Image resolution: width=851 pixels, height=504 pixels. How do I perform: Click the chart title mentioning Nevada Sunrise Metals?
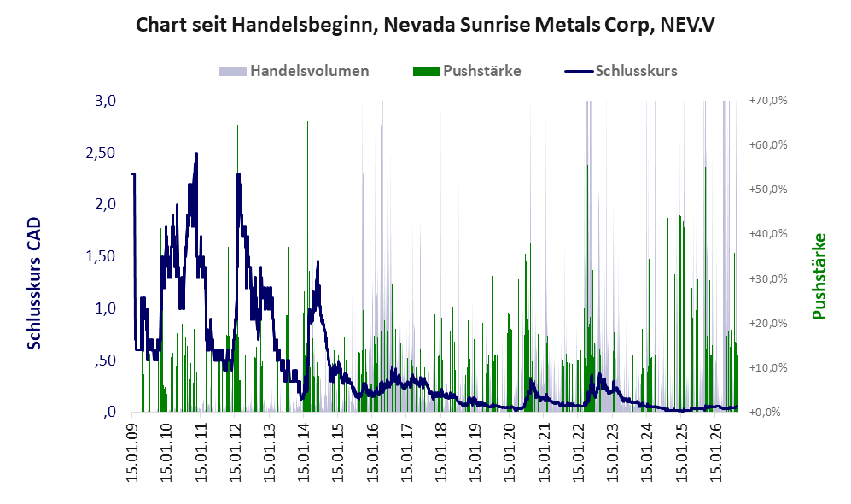425,25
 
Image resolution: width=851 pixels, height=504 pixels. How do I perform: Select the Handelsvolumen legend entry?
294,71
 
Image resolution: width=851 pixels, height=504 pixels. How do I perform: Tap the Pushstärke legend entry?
467,71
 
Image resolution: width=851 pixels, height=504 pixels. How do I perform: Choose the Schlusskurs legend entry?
621,71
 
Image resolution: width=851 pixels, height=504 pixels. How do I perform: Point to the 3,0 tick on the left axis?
105,101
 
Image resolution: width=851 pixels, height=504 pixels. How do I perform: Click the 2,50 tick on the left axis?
101,153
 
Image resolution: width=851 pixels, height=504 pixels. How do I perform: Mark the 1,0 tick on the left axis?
105,308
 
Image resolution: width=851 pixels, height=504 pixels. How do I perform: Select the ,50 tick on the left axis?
105,360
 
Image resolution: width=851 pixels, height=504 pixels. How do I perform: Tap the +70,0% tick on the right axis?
768,101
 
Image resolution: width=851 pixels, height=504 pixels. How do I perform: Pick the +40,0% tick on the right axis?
768,233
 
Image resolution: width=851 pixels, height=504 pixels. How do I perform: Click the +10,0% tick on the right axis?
768,367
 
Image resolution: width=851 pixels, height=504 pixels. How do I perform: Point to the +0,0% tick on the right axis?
766,413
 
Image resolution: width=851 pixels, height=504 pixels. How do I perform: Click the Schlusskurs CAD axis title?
34,283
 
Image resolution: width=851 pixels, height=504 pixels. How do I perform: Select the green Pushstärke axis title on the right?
819,276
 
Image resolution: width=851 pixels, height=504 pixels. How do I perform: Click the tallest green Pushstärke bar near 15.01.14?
308,267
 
